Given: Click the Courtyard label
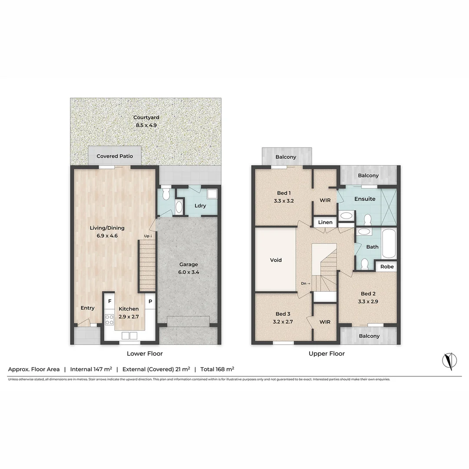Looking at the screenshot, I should (146, 117).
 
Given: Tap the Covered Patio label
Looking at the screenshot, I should (115, 156).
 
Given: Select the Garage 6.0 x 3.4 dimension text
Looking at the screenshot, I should (188, 272).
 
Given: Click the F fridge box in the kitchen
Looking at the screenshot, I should (110, 301).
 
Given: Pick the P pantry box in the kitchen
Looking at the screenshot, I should (150, 301).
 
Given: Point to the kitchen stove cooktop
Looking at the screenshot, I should (109, 320).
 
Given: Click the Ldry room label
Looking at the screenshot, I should (200, 206).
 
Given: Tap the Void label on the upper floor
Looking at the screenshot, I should (276, 260).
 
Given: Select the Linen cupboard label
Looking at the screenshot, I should (325, 222).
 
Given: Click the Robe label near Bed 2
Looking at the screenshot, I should (387, 267).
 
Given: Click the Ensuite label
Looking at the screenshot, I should (365, 199).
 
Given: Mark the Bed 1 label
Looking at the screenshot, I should (284, 193).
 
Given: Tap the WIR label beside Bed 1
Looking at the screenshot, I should (325, 200).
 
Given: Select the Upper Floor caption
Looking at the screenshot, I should (327, 353).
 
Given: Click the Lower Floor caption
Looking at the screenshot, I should (145, 353).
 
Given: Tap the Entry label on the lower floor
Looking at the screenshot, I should (87, 308).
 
